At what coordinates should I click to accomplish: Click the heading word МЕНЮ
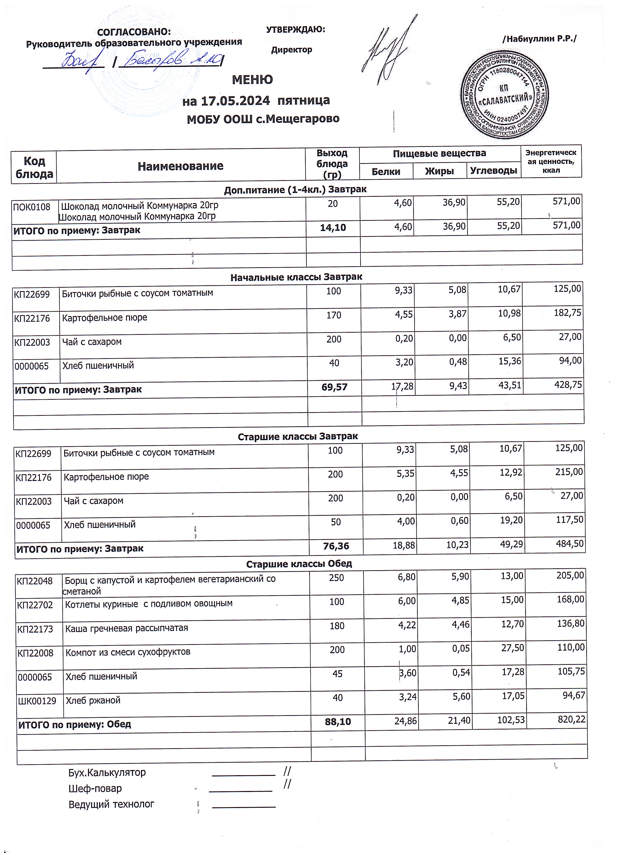[252, 80]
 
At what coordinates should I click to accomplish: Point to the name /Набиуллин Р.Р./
[539, 39]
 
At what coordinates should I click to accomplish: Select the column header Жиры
[439, 171]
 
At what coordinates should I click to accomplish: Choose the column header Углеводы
[494, 171]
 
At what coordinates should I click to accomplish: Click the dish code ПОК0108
[32, 207]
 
